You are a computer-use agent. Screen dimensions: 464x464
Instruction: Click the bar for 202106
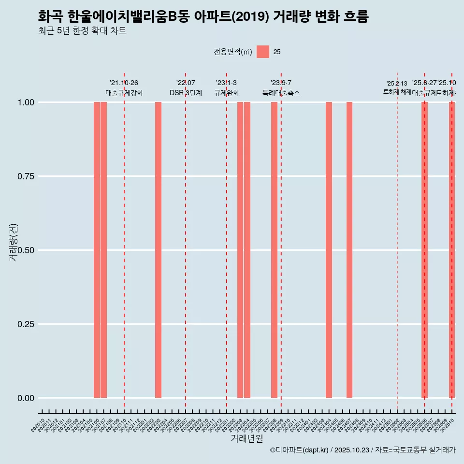[x=97, y=250]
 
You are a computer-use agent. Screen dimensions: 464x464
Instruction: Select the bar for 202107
[x=103, y=250]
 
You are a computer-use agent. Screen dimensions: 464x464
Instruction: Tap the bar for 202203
[x=158, y=250]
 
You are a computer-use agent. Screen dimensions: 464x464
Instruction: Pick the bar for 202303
[x=240, y=250]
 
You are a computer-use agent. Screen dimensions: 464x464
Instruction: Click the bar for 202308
[x=274, y=250]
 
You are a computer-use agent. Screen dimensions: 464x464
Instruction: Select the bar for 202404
[x=329, y=250]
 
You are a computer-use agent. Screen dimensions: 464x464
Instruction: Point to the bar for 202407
[x=349, y=250]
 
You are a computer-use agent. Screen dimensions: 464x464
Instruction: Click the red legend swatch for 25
[x=263, y=52]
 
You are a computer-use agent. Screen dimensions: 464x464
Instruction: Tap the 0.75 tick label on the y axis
[x=26, y=176]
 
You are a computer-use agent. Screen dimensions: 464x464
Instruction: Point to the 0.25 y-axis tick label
[x=26, y=324]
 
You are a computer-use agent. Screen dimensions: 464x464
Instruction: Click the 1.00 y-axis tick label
[x=26, y=102]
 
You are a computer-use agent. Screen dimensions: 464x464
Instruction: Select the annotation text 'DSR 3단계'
[x=186, y=93]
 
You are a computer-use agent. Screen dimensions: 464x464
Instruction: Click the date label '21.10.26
[x=124, y=83]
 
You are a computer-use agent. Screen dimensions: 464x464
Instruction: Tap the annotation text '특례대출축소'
[x=281, y=93]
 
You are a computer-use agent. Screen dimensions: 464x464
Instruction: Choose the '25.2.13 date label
[x=397, y=84]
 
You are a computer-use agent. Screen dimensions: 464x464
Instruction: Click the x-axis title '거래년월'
[x=247, y=438]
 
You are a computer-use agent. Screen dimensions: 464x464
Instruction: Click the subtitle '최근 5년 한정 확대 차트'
[x=82, y=31]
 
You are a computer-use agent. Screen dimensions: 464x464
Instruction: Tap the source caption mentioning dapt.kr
[x=362, y=450]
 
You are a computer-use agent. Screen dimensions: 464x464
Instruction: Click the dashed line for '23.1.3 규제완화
[x=227, y=242]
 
